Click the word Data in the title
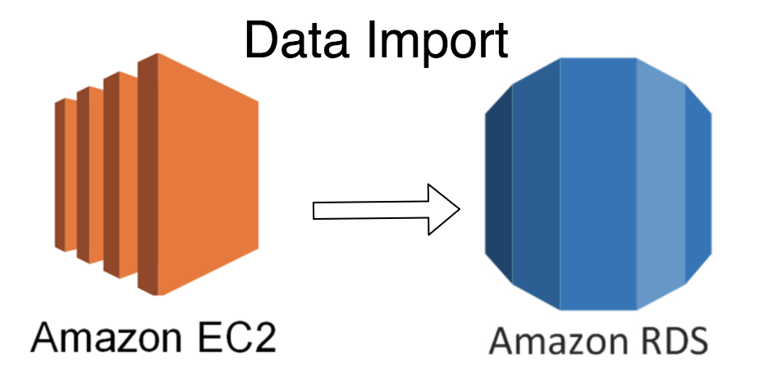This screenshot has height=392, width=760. tap(296, 39)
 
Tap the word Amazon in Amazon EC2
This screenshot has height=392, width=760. tap(106, 337)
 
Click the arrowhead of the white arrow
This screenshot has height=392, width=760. tap(444, 209)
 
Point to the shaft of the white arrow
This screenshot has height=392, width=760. tap(371, 210)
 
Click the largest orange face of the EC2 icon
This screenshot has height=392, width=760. tap(208, 174)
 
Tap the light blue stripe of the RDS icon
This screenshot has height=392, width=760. tap(661, 184)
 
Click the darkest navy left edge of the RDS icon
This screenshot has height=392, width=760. tap(498, 184)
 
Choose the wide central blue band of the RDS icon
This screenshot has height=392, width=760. tap(598, 184)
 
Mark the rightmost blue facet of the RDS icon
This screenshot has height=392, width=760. tap(698, 184)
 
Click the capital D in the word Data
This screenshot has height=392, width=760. tap(262, 39)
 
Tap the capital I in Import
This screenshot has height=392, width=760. tap(371, 39)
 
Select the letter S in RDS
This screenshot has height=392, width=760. tap(697, 340)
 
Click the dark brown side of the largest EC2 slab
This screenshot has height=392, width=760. tap(148, 174)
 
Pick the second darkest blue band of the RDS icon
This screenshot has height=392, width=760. tap(536, 184)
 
